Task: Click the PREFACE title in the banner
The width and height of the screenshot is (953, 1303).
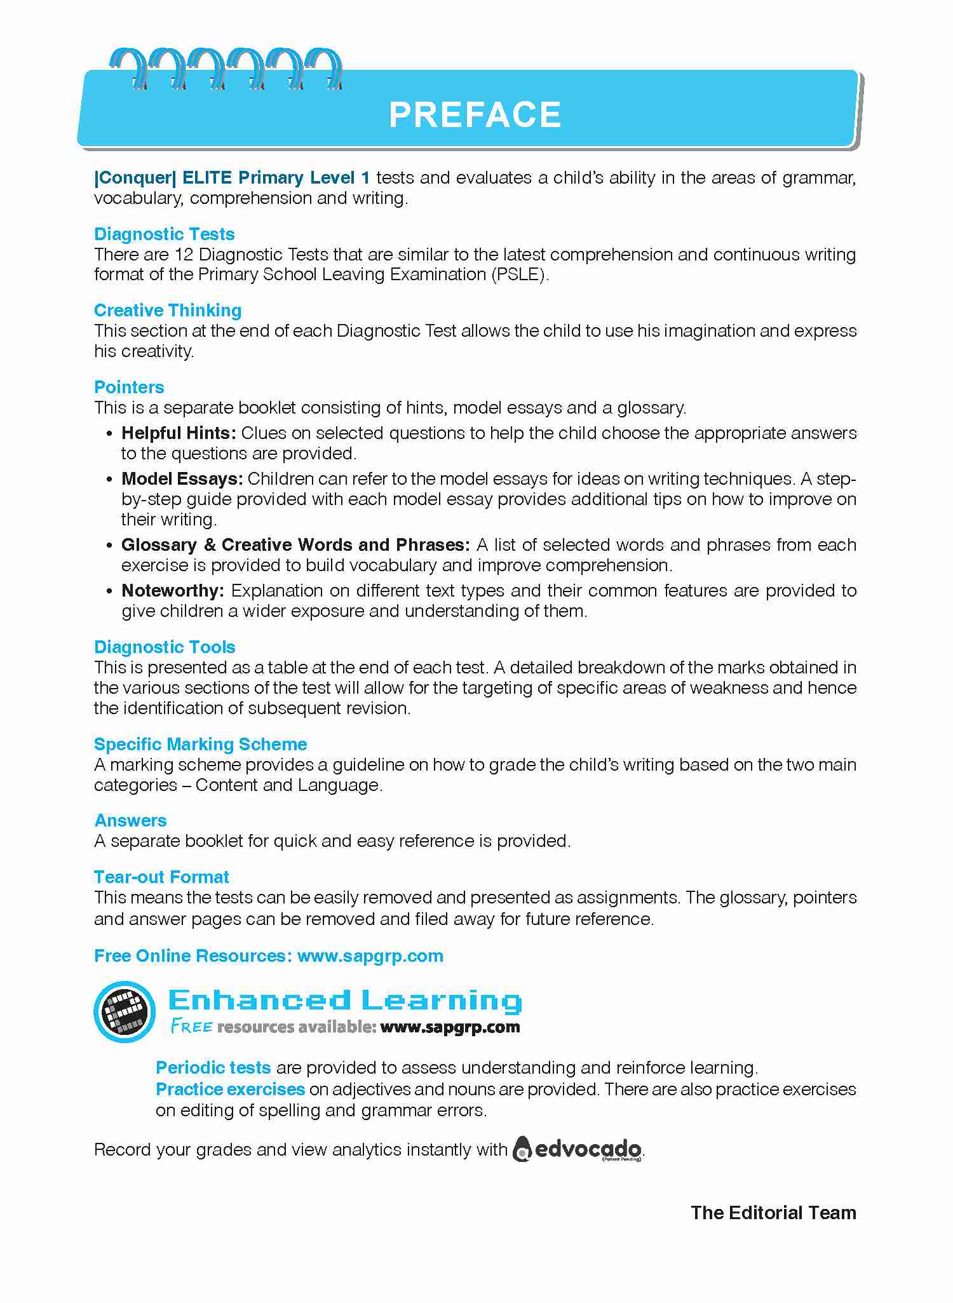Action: (475, 114)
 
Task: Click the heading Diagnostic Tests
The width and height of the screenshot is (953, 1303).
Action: (164, 234)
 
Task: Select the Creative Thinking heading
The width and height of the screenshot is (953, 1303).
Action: (168, 311)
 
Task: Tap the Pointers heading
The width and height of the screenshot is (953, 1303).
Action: (129, 388)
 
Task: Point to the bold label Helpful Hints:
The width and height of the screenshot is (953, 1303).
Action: (179, 433)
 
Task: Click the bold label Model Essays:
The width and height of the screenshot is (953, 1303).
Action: (182, 479)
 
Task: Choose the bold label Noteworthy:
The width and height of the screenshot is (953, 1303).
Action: (173, 591)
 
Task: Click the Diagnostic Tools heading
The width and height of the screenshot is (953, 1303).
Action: (165, 647)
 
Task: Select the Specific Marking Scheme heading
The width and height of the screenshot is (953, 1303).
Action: (200, 745)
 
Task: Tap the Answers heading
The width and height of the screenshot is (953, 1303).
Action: (130, 821)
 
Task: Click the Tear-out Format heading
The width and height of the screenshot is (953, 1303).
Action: (161, 877)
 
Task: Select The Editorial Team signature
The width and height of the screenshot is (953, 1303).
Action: (773, 1213)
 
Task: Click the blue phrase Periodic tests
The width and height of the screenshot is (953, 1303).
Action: (213, 1068)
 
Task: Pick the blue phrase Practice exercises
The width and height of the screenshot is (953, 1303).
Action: (231, 1090)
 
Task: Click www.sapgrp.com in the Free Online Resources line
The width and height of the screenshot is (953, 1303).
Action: (370, 956)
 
